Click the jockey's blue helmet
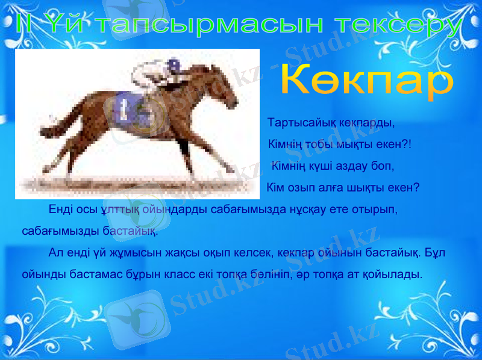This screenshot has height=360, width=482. coord(174,64)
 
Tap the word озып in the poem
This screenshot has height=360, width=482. coord(298,186)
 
